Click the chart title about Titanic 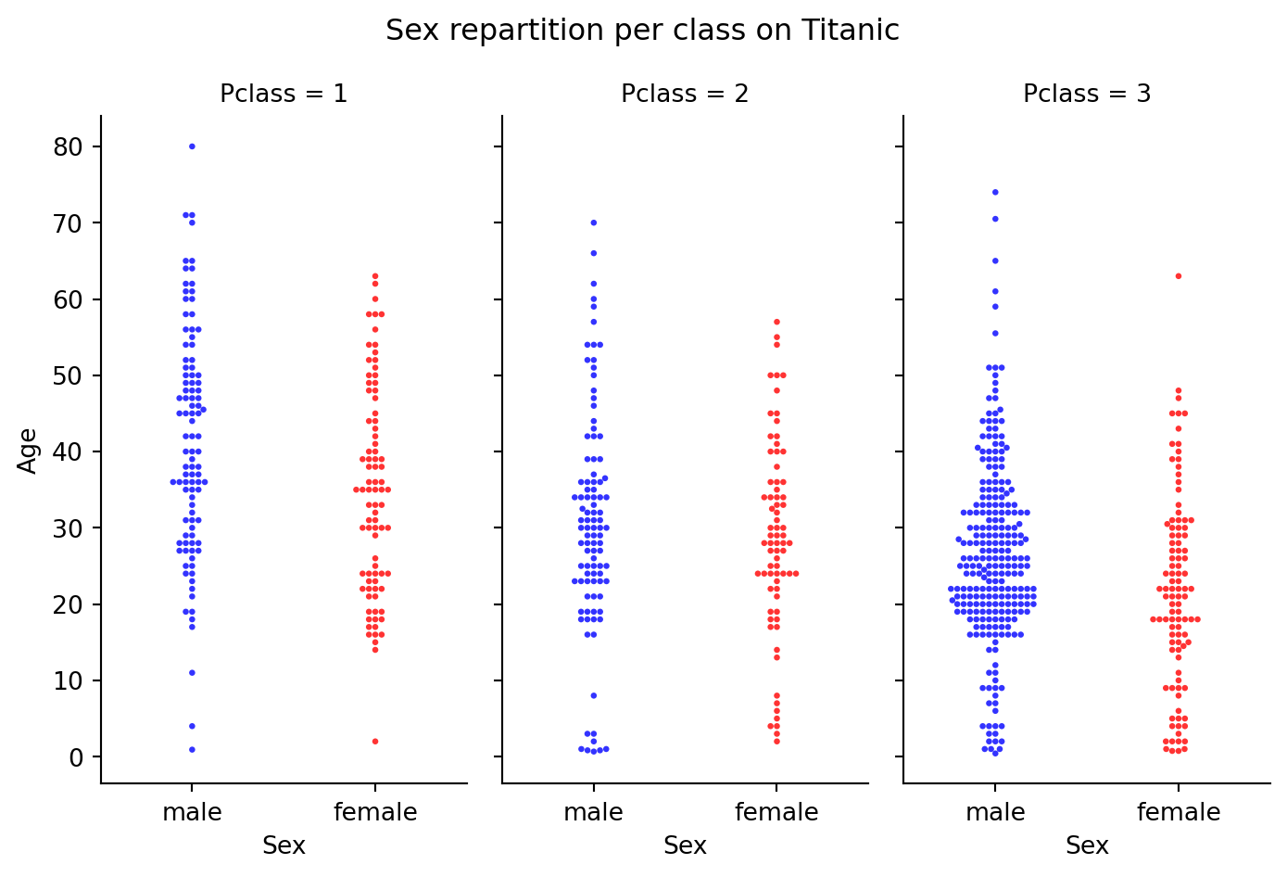coord(642,31)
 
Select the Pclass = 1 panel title coord(284,94)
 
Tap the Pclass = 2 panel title coord(685,94)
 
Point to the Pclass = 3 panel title coord(1087,94)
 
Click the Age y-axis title coord(29,451)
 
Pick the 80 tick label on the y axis coord(69,146)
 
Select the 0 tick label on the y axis coord(77,757)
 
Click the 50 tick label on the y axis coord(69,375)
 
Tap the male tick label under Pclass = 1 coord(192,813)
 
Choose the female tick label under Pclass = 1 coord(375,813)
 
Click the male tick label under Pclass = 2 coord(593,813)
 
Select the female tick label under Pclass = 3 coord(1179,813)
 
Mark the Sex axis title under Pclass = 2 coord(685,845)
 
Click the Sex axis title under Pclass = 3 coord(1087,845)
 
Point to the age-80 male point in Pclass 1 coord(192,146)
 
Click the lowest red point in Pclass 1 coord(375,742)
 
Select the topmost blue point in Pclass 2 coord(593,222)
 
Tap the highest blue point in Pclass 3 coord(995,192)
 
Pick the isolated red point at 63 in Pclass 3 coord(1179,276)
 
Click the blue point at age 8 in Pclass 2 coord(593,695)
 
